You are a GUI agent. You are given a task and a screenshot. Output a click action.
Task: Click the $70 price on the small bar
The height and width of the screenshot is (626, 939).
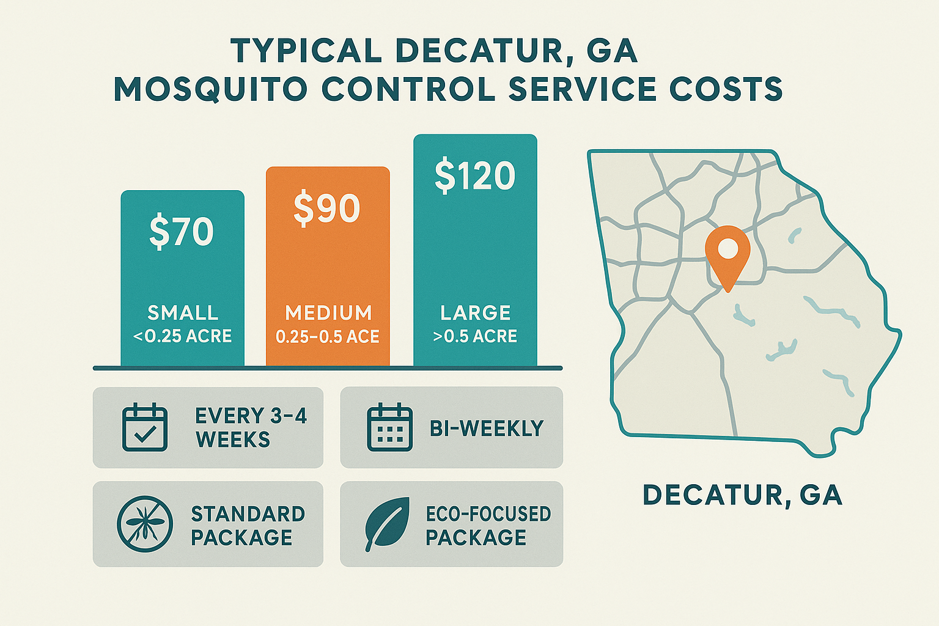[x=182, y=232]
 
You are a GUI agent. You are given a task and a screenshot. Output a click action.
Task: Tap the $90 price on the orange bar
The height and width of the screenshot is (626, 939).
[x=327, y=208]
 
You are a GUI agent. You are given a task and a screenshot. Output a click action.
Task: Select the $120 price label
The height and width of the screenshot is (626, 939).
[x=475, y=176]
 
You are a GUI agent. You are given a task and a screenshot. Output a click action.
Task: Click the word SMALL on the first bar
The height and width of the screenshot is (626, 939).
[x=183, y=313]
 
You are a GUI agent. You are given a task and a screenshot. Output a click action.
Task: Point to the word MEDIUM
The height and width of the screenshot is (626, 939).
[x=328, y=313]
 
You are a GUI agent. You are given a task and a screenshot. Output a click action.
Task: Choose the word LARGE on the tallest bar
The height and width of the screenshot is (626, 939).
[x=476, y=313]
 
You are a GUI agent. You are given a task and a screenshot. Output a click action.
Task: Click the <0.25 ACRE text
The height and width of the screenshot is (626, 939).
[x=182, y=336]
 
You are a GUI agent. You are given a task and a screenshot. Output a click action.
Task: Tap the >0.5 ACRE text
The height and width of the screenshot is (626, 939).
[x=475, y=336]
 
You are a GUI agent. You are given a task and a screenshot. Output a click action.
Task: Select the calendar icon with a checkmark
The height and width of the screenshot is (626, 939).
[x=145, y=427]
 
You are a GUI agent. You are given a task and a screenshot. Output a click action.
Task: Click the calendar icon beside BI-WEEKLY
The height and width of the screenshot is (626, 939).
[x=389, y=427]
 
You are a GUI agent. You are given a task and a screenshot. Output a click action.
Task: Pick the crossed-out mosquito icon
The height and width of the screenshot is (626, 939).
[x=145, y=524]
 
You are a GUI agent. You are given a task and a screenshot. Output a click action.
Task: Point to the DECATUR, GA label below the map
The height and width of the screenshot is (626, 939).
[x=743, y=495]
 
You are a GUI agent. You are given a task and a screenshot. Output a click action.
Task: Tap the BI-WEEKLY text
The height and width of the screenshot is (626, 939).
[x=487, y=429]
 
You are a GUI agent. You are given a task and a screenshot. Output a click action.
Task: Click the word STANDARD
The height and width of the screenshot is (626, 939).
[x=248, y=514]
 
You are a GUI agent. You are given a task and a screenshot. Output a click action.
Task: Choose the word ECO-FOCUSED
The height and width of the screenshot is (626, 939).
[x=488, y=514]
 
